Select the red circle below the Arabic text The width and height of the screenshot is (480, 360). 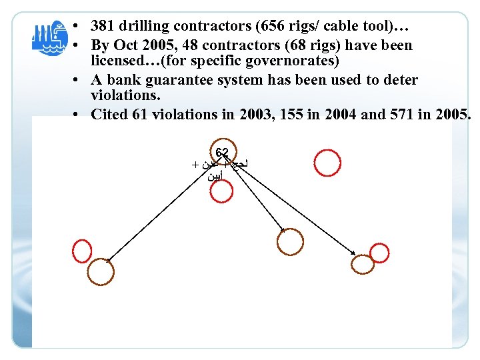pos(221,192)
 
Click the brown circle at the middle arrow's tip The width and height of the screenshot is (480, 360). pos(290,241)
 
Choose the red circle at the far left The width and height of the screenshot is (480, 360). pos(82,251)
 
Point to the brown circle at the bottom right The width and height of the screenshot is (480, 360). pos(363,263)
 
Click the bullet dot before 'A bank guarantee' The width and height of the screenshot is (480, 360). pos(78,80)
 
